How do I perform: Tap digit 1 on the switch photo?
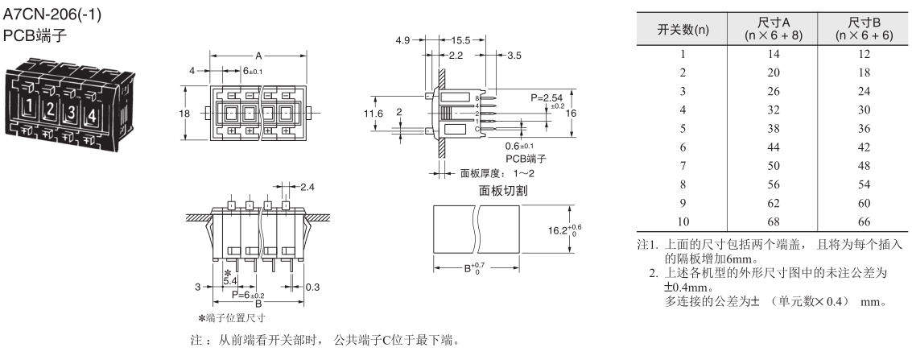[29, 106]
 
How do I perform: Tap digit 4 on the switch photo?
[91, 114]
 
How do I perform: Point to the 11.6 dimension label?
[373, 114]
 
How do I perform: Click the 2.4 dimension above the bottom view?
[307, 187]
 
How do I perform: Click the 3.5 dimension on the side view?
[516, 55]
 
